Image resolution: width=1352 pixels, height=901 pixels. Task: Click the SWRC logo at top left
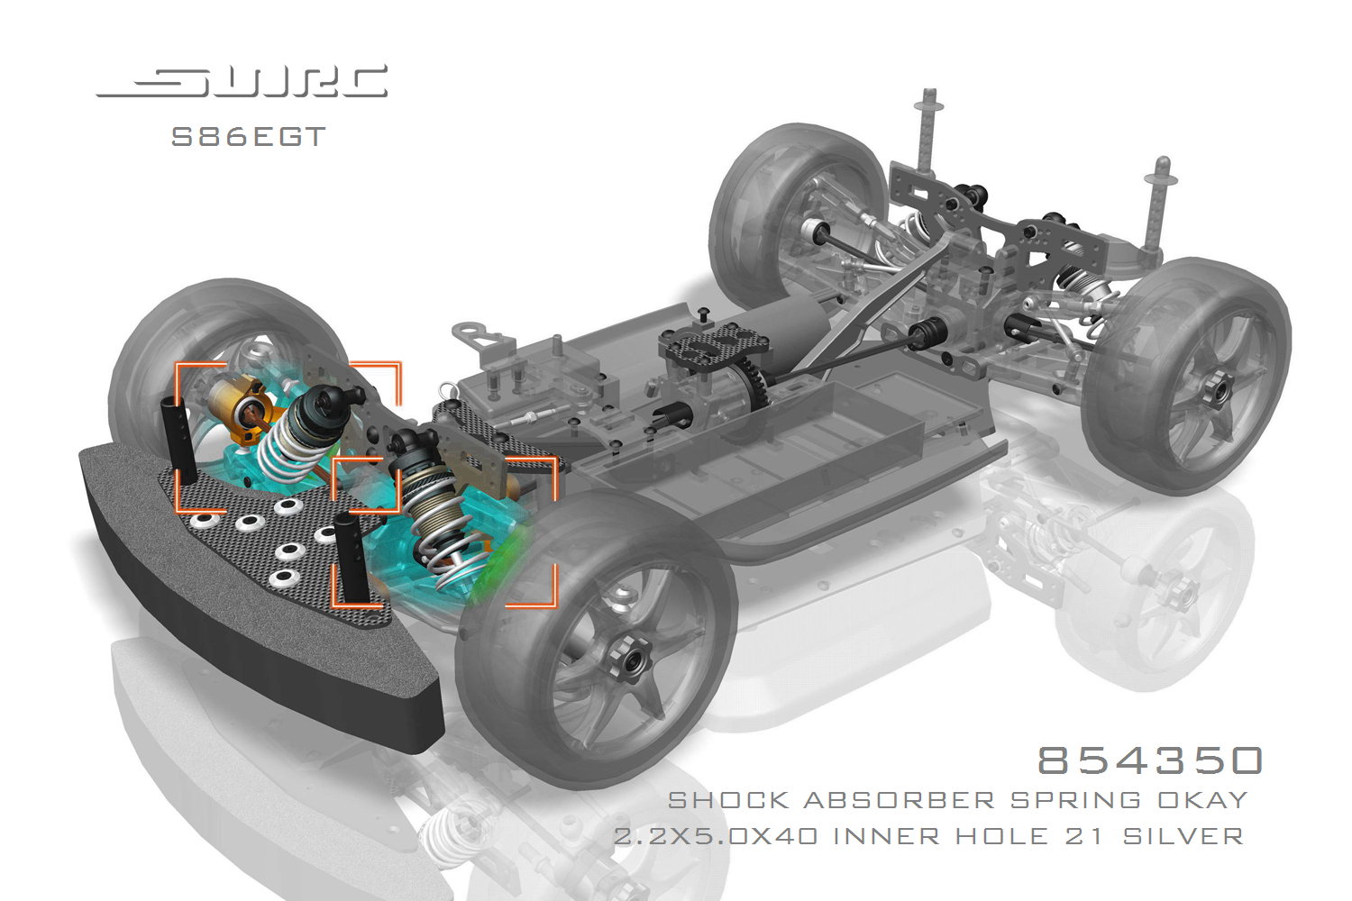pos(242,81)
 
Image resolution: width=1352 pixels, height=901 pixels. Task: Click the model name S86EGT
pos(249,137)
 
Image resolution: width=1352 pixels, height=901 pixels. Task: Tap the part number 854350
pos(1150,760)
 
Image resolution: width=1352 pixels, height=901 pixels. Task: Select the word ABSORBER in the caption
pos(899,801)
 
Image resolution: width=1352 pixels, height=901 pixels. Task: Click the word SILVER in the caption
pos(1183,836)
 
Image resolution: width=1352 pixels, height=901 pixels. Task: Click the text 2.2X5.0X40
pos(716,836)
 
